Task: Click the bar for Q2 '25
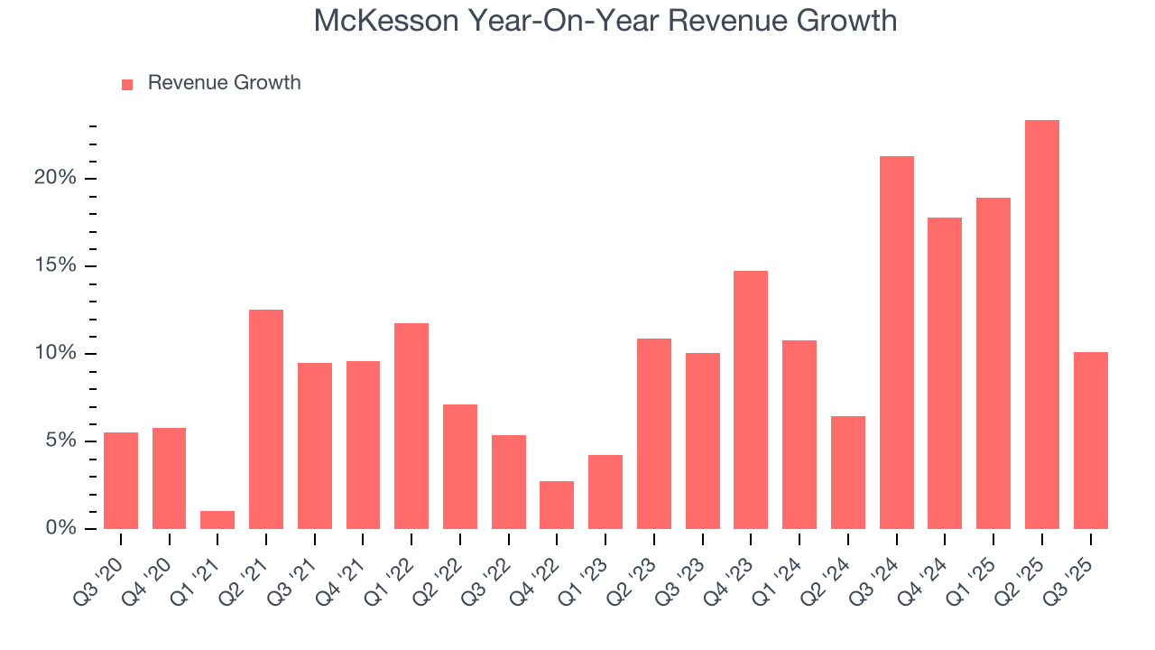tap(1041, 325)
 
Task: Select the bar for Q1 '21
tap(217, 520)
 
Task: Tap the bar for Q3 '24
tap(896, 343)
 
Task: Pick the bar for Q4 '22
tap(557, 506)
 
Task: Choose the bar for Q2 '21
tap(266, 420)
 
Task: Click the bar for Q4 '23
tap(751, 400)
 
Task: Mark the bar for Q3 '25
tap(1090, 441)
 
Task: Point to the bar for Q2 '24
tap(847, 473)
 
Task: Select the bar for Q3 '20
tap(121, 481)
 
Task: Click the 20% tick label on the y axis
tap(55, 179)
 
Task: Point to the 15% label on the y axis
tap(55, 266)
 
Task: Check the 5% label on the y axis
tap(60, 441)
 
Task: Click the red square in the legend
tap(127, 84)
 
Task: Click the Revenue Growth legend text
tap(224, 83)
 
